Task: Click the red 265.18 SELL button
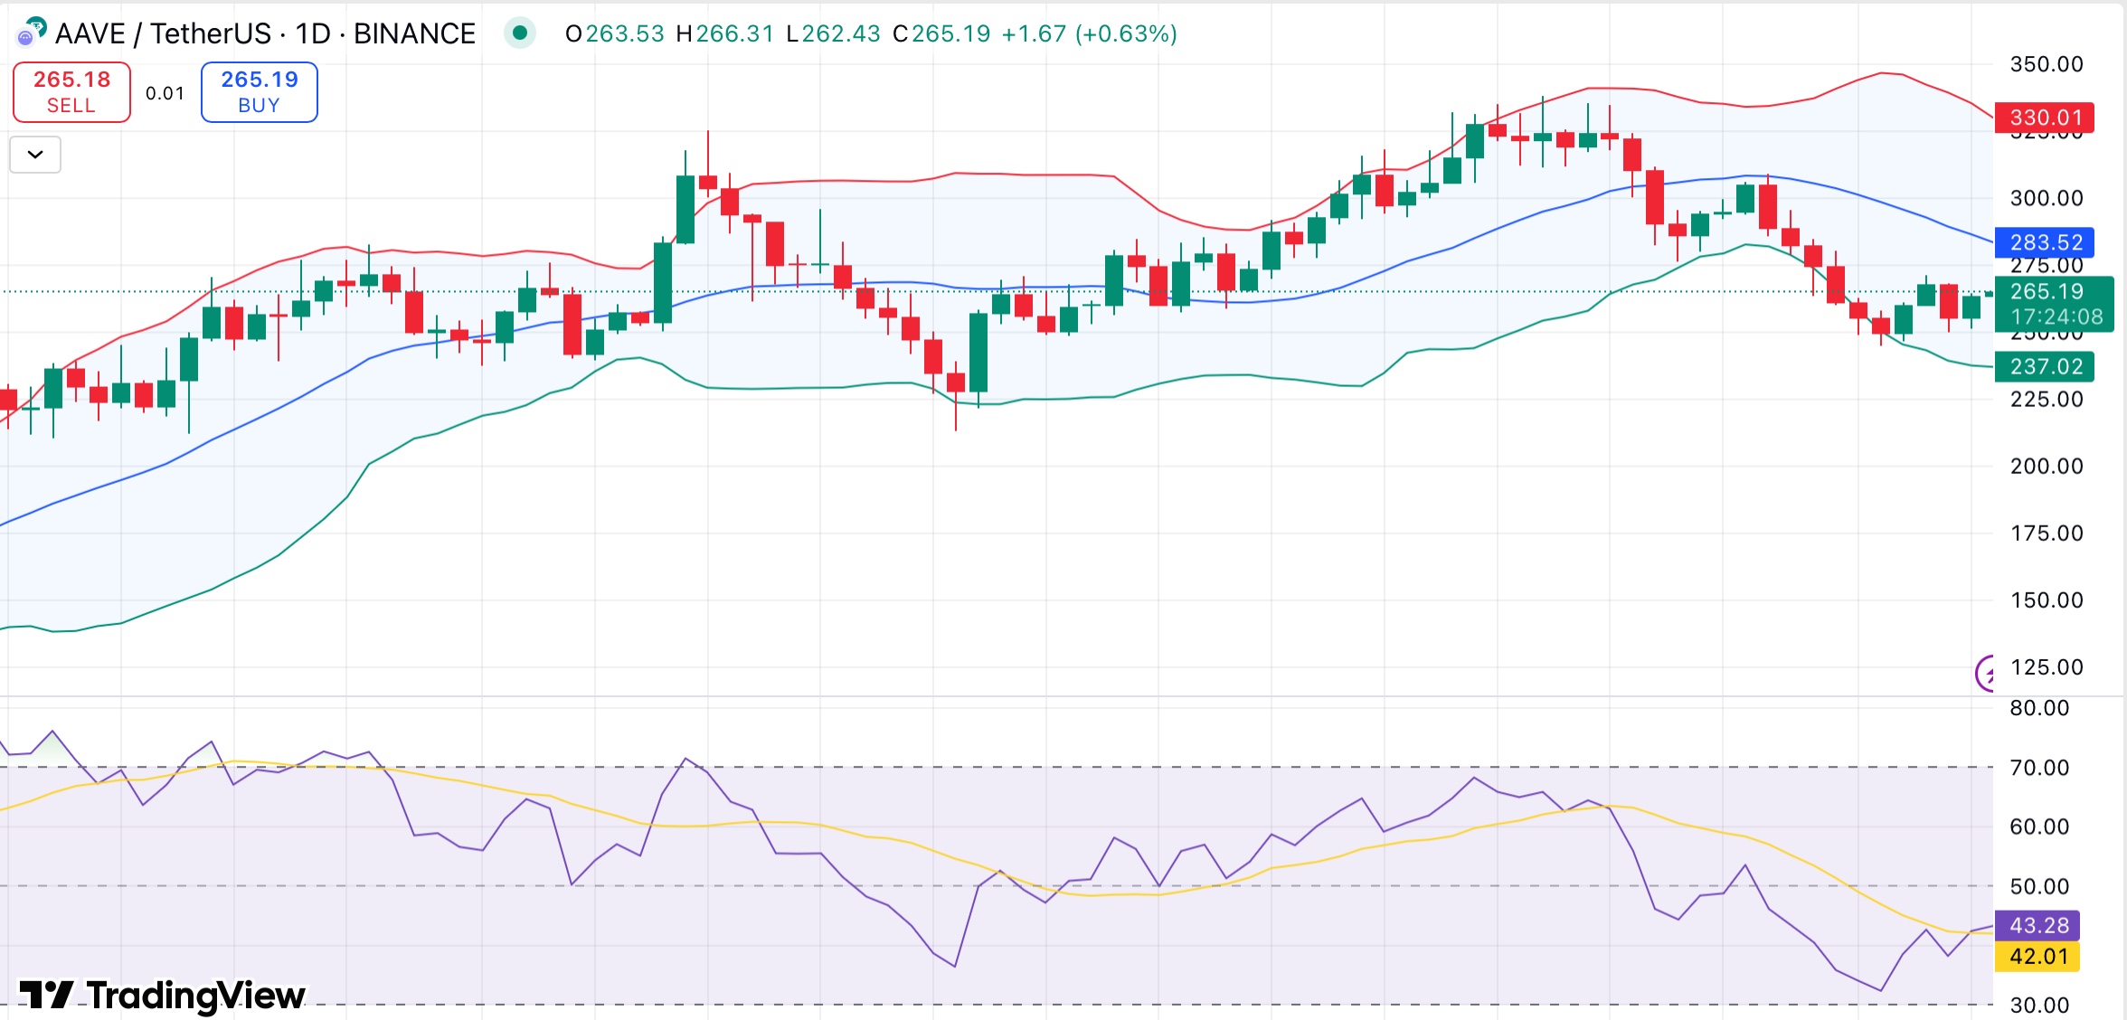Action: (71, 91)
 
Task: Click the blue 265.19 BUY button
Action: (259, 91)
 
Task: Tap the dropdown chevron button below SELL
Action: (35, 155)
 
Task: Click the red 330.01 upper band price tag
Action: (2045, 118)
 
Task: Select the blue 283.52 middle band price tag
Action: (2045, 242)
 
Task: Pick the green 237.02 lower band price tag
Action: (2045, 366)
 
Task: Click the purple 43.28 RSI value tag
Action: (2038, 925)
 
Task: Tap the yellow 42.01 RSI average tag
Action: (2038, 956)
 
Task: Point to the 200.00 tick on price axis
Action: (2046, 466)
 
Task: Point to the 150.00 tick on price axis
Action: (2046, 600)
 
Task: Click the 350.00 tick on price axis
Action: (2046, 64)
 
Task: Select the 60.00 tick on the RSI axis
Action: (2038, 826)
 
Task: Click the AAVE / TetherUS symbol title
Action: (163, 33)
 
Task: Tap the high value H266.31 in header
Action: (724, 33)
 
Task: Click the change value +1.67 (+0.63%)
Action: (1090, 33)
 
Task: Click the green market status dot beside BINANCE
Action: (520, 33)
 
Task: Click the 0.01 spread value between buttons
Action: (165, 93)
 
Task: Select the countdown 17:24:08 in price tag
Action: (2056, 316)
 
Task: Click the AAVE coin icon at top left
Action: (32, 32)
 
